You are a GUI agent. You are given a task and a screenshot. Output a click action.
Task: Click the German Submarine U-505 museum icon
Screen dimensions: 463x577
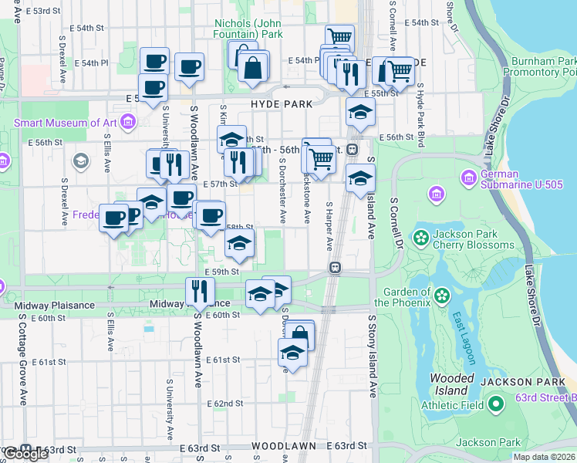(468, 179)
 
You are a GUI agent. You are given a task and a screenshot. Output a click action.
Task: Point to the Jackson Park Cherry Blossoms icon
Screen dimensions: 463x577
(421, 236)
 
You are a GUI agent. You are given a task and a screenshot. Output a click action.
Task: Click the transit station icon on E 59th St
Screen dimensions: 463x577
(335, 268)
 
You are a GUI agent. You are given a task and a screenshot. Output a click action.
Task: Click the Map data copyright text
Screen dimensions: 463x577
(545, 457)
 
